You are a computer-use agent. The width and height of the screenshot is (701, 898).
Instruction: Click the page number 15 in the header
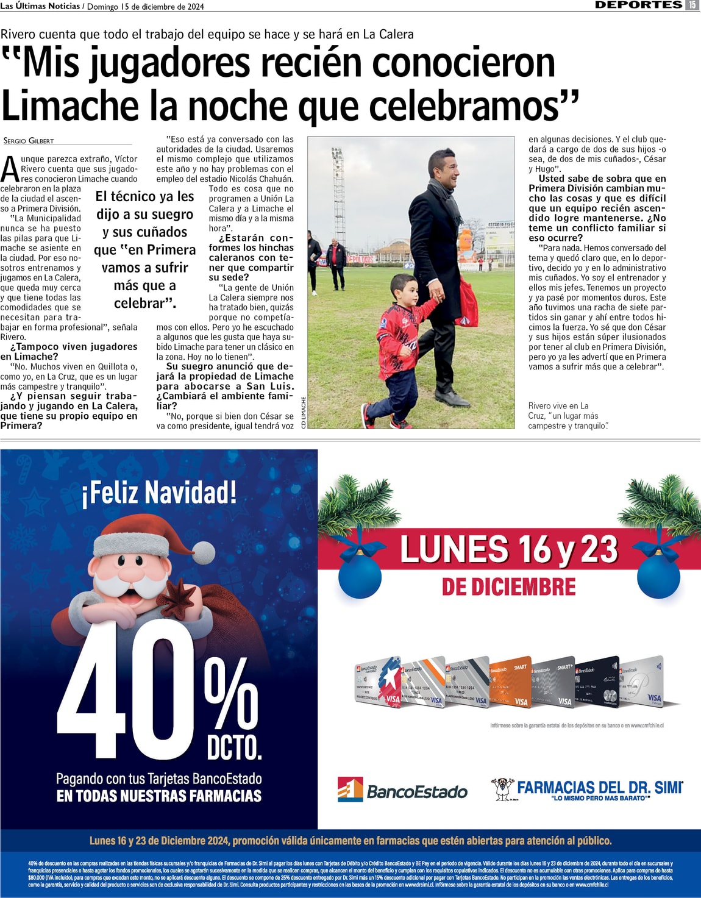(x=692, y=5)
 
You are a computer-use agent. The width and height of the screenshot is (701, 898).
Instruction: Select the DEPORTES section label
(x=638, y=5)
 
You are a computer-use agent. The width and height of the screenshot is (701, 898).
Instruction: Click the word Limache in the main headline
(x=70, y=105)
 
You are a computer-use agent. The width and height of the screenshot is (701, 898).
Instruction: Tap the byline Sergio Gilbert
(x=29, y=141)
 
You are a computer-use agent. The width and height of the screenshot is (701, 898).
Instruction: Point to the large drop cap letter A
(x=10, y=169)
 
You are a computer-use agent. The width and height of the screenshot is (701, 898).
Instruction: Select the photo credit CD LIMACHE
(x=304, y=413)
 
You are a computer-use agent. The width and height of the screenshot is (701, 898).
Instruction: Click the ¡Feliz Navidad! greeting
(x=158, y=493)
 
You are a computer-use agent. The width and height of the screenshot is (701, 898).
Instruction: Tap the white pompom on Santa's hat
(x=205, y=553)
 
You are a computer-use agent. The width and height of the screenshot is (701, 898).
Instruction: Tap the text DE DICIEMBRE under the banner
(x=508, y=586)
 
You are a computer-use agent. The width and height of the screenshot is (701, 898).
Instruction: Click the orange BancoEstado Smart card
(x=510, y=683)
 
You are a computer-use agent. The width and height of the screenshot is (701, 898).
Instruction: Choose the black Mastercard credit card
(x=598, y=682)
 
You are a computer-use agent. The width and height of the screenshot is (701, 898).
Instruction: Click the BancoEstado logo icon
(x=350, y=789)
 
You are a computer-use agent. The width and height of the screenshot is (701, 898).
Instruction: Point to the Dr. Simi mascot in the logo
(x=502, y=789)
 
